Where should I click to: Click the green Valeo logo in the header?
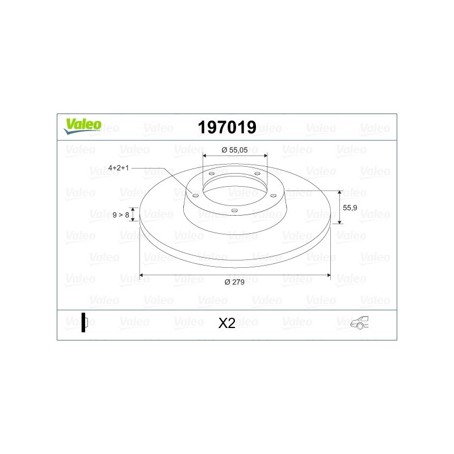[82, 127]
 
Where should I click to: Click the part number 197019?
[227, 127]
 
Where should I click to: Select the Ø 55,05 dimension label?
[234, 150]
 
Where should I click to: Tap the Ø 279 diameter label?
[234, 282]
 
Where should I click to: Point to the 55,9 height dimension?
[350, 208]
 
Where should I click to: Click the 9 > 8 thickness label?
[121, 215]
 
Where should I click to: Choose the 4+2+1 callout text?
[119, 167]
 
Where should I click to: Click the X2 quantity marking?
[226, 323]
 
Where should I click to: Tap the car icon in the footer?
[360, 322]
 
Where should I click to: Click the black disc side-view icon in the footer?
[84, 322]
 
